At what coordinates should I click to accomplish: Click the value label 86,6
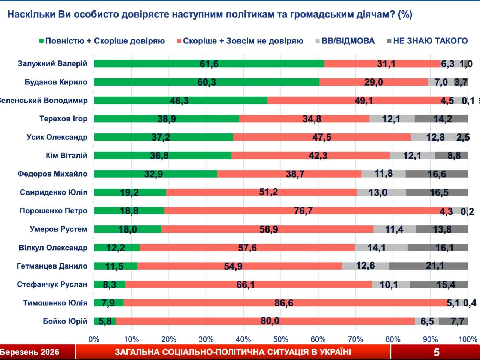(284, 303)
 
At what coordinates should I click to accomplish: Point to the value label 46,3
(179, 100)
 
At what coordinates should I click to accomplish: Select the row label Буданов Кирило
(56, 82)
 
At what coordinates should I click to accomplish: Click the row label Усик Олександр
(57, 137)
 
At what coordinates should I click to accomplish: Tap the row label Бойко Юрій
(65, 321)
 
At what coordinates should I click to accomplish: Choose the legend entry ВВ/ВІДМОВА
(348, 41)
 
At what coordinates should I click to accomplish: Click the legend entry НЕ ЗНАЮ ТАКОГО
(430, 41)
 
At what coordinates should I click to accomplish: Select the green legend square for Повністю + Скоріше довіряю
(42, 41)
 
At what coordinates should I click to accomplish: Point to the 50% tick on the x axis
(281, 339)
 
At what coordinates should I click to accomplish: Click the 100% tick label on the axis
(468, 339)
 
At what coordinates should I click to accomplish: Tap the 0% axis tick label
(94, 339)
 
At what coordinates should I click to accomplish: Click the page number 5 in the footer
(436, 352)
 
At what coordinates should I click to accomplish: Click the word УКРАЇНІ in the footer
(333, 352)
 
